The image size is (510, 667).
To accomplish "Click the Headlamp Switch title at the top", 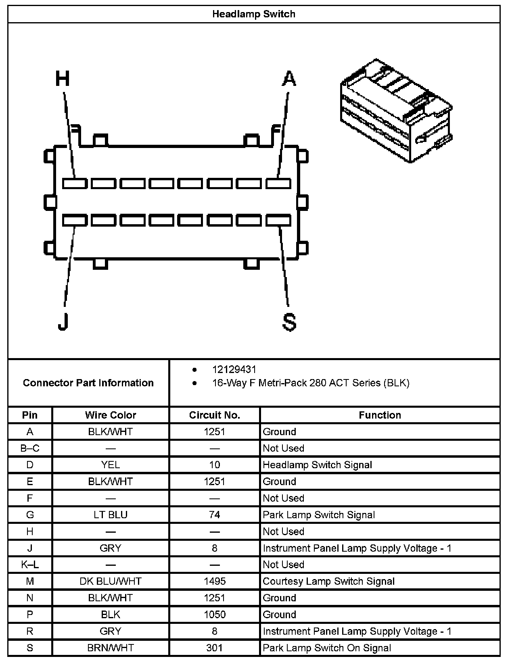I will [254, 14].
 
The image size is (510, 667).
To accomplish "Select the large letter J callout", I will [63, 321].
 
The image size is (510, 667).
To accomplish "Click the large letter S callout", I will [289, 322].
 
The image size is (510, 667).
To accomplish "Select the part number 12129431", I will [234, 369].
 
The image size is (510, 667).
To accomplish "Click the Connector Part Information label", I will [88, 383].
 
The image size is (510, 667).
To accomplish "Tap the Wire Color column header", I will [111, 415].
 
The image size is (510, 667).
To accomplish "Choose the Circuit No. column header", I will [214, 415].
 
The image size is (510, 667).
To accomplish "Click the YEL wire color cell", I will [111, 465].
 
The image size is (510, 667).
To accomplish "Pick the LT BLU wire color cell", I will [111, 515].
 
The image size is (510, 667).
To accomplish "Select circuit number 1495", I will [214, 582].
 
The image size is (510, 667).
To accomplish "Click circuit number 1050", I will [214, 615].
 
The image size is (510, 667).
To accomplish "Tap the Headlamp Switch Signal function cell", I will [317, 465].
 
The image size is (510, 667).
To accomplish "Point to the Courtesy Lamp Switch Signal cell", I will [328, 582].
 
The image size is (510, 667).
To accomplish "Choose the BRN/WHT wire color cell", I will [111, 648].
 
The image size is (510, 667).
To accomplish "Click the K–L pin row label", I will [30, 565].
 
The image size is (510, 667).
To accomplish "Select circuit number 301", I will [214, 648].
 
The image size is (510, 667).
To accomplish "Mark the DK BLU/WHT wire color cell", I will [111, 582].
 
